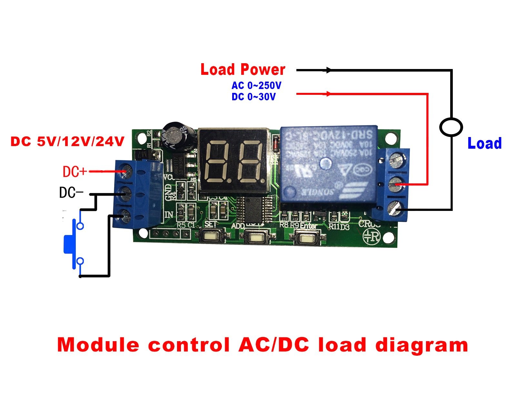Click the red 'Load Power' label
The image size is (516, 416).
(243, 70)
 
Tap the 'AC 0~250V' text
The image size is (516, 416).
(256, 85)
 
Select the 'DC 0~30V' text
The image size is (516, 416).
(253, 97)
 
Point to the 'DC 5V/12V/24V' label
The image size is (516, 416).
(67, 142)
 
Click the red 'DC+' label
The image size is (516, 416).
(74, 172)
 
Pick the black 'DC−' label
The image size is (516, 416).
(71, 193)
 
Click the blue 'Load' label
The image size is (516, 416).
(484, 144)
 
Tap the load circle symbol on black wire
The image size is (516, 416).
(451, 127)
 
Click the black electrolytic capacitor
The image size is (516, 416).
(178, 136)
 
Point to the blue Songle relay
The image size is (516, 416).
(328, 164)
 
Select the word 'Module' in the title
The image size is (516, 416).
(98, 345)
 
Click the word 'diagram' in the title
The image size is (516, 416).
(422, 346)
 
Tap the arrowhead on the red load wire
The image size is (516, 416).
(329, 94)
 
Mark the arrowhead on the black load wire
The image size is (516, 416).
(329, 70)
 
